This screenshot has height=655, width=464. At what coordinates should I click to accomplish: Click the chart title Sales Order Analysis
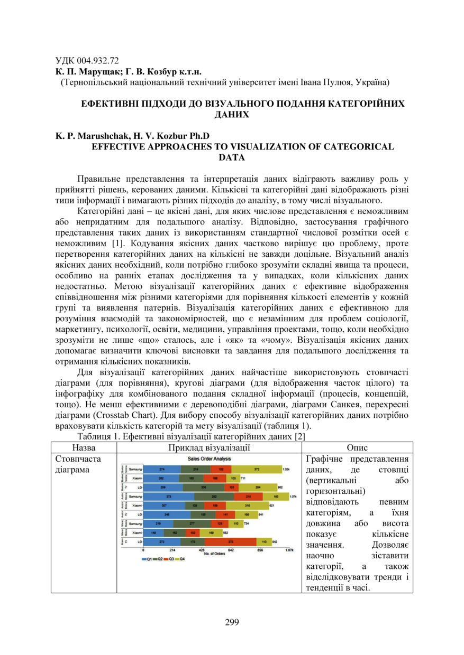[x=210, y=458]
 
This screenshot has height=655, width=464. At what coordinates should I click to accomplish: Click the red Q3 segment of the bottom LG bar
[x=230, y=542]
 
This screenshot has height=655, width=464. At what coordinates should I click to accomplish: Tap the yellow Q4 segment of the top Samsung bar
[x=257, y=469]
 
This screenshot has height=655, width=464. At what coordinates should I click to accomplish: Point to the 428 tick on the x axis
[x=202, y=550]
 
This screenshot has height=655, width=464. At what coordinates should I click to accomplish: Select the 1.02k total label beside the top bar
[x=286, y=469]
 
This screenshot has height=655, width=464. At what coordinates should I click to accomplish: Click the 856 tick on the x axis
[x=260, y=550]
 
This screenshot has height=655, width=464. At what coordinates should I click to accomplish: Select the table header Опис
[x=357, y=447]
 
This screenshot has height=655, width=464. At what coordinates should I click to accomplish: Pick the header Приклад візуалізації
[x=210, y=447]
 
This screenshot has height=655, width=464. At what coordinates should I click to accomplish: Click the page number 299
[x=232, y=622]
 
